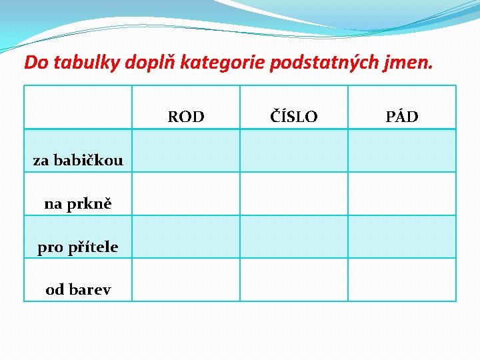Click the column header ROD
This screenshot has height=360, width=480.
click(186, 117)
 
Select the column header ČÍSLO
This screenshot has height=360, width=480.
click(294, 117)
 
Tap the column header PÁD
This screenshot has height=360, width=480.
click(402, 117)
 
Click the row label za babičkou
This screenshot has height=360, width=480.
click(78, 160)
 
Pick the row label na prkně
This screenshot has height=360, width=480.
click(78, 203)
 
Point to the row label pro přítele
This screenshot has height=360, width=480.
click(78, 247)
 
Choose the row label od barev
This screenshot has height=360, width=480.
click(78, 289)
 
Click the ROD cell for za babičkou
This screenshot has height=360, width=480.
click(186, 151)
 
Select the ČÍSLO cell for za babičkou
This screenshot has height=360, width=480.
click(294, 151)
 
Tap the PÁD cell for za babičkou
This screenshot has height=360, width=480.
click(402, 151)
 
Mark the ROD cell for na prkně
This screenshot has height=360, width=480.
click(186, 194)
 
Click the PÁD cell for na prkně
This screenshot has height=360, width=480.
click(402, 194)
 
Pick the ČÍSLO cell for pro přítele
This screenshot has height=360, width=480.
click(294, 237)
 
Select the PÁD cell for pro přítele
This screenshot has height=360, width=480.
click(402, 237)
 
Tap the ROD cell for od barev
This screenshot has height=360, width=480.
click(186, 280)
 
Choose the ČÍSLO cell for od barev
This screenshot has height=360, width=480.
click(294, 280)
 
